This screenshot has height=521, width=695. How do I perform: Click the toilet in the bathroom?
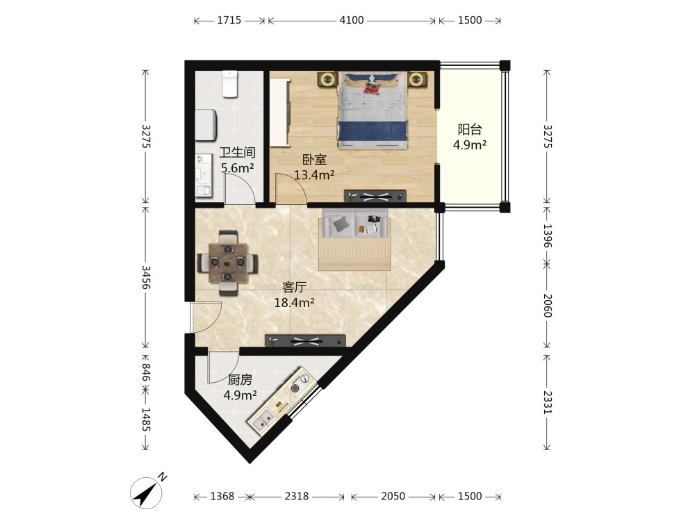230,84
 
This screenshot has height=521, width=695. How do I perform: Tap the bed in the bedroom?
373,110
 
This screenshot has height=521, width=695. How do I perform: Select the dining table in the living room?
228,263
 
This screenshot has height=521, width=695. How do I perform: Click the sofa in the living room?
355,240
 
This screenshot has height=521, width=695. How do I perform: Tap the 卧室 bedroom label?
314,159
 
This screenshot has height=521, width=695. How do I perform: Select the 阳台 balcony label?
470,129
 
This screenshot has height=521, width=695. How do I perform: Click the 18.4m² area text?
294,303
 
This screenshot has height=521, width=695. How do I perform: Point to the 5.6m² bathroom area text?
238,168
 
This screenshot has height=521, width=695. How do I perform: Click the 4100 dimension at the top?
352,20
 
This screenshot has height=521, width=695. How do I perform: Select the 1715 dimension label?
229,20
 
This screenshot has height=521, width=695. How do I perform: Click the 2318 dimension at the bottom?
297,496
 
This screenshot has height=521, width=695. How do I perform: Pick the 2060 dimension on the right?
548,305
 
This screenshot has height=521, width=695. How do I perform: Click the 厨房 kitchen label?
240,380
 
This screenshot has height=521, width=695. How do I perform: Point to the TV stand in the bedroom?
375,196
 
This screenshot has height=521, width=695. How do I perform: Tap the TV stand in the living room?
305,340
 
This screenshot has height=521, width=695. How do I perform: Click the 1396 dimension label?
548,235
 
